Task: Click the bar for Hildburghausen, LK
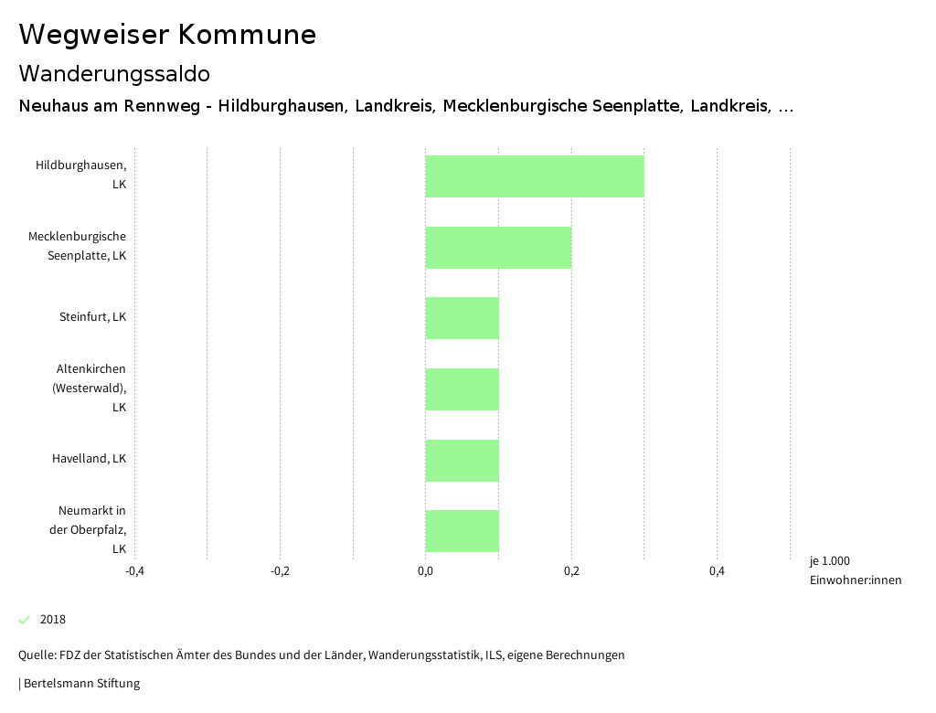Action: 535,176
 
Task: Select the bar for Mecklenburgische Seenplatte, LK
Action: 498,248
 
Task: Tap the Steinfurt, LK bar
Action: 462,318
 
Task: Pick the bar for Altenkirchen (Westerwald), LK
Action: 462,389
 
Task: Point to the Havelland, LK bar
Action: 462,461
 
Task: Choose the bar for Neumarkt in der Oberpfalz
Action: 462,531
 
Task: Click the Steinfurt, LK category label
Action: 92,317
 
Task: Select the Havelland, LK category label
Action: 89,458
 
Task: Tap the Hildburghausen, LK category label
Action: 81,175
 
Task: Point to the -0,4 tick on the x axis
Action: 134,571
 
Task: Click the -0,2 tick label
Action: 280,571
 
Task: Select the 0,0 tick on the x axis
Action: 425,571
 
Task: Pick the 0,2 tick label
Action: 571,571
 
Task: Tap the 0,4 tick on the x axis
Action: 717,571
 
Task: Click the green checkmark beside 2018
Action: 25,620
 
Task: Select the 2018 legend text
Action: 53,620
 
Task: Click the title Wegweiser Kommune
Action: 167,35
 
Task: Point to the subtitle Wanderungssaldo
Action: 114,73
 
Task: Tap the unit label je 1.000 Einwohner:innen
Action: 855,570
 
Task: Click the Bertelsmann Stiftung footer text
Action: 80,683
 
